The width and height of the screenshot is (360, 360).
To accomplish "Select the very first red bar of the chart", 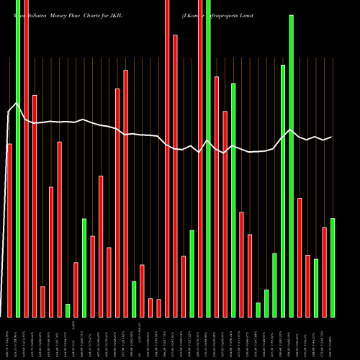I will click(x=9, y=230).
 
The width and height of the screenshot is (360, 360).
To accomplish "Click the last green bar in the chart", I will click(x=333, y=267).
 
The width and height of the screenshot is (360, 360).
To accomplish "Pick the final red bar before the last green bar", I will click(x=324, y=272).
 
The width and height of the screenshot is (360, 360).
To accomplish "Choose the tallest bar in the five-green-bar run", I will click(x=291, y=166).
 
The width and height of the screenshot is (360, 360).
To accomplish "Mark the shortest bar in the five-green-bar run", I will click(x=258, y=310).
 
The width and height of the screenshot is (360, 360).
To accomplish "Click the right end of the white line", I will click(x=332, y=137).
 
